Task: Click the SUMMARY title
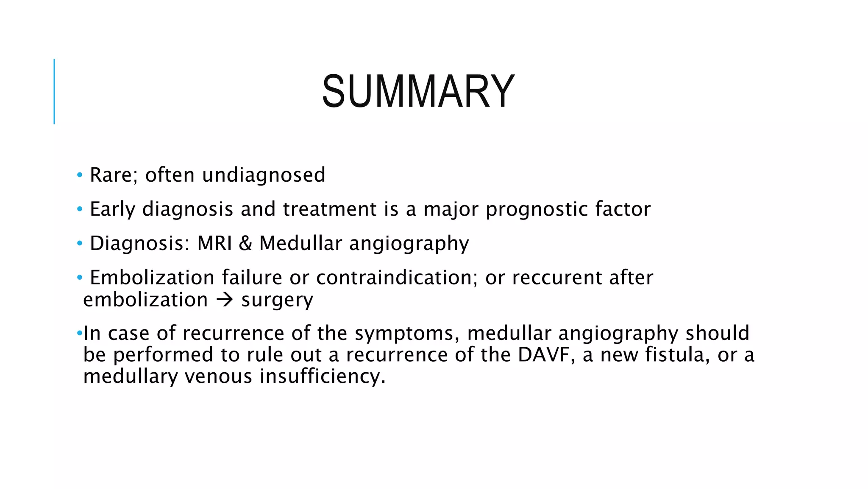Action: (418, 92)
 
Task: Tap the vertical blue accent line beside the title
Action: (54, 92)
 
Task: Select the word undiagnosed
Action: (264, 175)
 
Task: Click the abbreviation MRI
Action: (214, 243)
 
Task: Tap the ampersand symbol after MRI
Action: (245, 243)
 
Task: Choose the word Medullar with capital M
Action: (300, 243)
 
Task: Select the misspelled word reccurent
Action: (556, 278)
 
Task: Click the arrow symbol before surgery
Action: (225, 300)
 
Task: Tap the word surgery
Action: (277, 300)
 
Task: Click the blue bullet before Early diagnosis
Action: (80, 209)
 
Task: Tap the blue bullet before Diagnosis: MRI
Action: (80, 243)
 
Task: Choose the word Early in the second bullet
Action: (112, 209)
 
